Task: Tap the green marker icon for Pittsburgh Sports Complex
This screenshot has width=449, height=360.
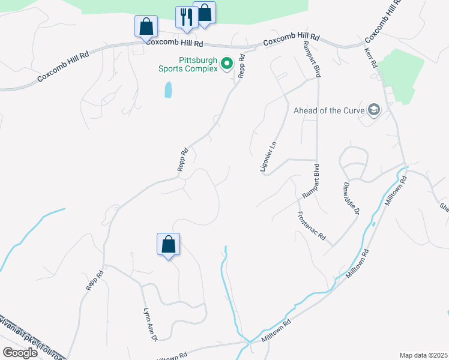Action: click(x=227, y=63)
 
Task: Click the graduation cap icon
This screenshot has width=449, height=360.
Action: click(x=374, y=110)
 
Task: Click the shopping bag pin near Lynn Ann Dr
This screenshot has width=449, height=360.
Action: click(x=168, y=244)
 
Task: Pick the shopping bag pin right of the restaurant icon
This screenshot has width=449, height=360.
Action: click(x=205, y=13)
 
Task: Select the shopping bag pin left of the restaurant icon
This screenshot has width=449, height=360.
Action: click(x=146, y=26)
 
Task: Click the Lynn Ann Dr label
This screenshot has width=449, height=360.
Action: click(x=149, y=324)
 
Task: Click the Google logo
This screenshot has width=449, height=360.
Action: click(x=20, y=353)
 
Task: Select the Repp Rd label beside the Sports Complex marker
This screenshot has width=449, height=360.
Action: click(x=243, y=68)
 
